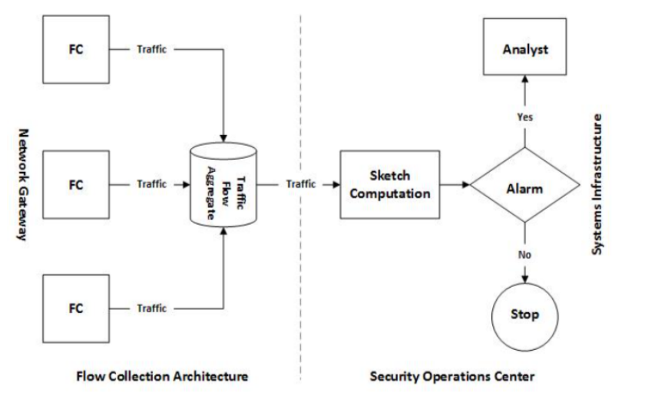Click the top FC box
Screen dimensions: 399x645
coord(76,50)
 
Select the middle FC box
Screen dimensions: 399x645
coord(76,184)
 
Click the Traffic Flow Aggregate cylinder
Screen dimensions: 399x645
coord(223,185)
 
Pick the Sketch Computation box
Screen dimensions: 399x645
coord(390,185)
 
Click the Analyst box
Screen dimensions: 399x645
coord(525,51)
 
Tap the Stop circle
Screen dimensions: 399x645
coord(525,315)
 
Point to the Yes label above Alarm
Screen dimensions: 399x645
coord(524,117)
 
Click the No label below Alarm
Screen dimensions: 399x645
coord(524,253)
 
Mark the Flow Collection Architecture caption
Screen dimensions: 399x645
coord(162,377)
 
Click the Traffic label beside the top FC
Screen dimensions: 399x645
coord(152,50)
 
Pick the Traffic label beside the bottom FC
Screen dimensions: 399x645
coord(152,308)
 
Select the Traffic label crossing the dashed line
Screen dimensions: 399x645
coord(301,185)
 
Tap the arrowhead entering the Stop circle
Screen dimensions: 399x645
coord(525,279)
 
